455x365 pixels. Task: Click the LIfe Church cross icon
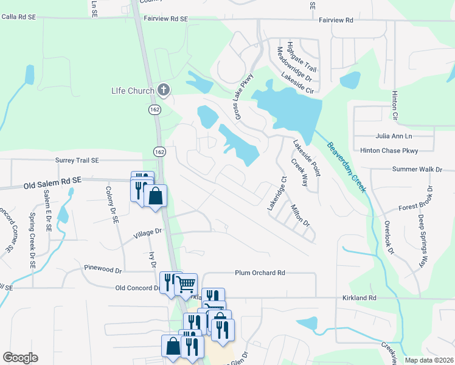163,91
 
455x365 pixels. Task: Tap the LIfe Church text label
133,91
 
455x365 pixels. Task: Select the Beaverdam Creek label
347,167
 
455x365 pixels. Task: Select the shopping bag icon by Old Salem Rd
156,196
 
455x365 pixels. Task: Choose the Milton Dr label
300,215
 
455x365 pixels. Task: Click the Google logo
20,358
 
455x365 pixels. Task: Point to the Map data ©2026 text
429,360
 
